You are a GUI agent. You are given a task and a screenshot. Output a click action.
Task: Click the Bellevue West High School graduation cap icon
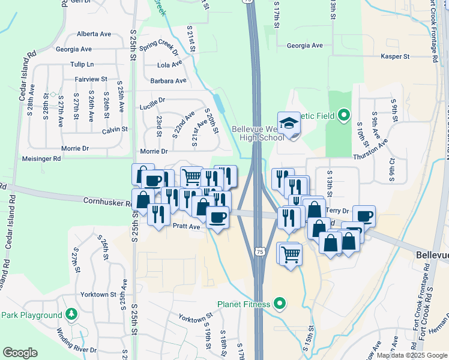pos(288,123)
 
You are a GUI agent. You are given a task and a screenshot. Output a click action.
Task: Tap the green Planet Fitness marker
pos(279,304)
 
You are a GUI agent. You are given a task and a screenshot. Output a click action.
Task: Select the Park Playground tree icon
pos(71,314)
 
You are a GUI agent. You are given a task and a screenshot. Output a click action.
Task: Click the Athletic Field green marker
pos(343,115)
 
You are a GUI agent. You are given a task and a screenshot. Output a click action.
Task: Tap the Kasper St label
pos(395,56)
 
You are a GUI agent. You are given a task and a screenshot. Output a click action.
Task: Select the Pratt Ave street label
pos(186,227)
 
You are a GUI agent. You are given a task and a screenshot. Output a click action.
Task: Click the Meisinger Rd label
pos(41,159)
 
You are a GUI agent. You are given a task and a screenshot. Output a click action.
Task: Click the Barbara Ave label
pos(169,80)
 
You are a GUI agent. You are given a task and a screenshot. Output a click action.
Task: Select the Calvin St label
pos(115,129)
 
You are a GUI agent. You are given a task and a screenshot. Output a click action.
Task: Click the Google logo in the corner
pos(20,353)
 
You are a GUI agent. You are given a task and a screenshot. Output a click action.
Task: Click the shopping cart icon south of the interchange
pos(291,254)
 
